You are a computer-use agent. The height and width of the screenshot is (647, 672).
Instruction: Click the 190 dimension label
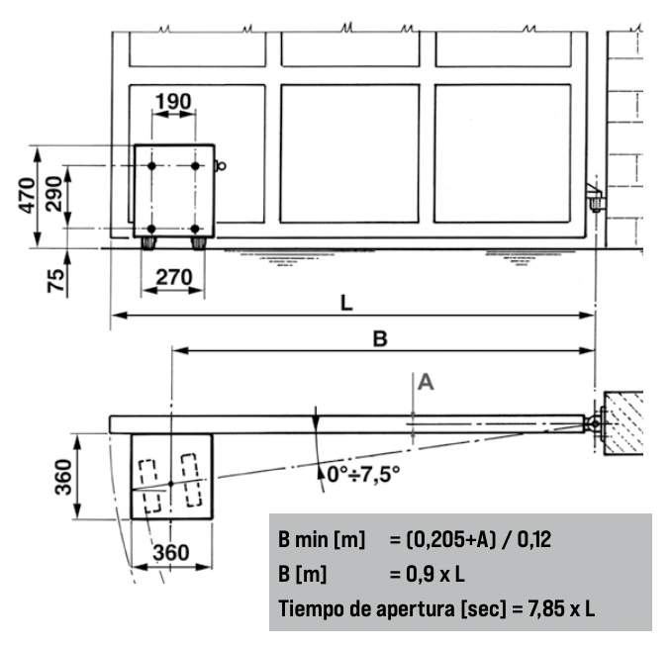(x=173, y=102)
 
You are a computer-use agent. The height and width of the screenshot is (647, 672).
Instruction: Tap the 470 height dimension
(x=27, y=195)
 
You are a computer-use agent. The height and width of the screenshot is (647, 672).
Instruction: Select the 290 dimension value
(x=54, y=194)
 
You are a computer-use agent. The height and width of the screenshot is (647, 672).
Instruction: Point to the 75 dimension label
(x=55, y=281)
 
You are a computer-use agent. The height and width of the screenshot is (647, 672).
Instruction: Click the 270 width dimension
(x=174, y=277)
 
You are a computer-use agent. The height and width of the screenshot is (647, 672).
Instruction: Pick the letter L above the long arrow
(x=346, y=303)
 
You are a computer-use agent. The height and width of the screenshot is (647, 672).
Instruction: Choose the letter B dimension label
(x=380, y=338)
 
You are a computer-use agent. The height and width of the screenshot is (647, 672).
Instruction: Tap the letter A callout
(x=426, y=382)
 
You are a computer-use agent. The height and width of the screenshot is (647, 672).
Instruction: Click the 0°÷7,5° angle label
(x=363, y=474)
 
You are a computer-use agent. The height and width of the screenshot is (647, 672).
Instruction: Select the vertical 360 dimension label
(x=64, y=477)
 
